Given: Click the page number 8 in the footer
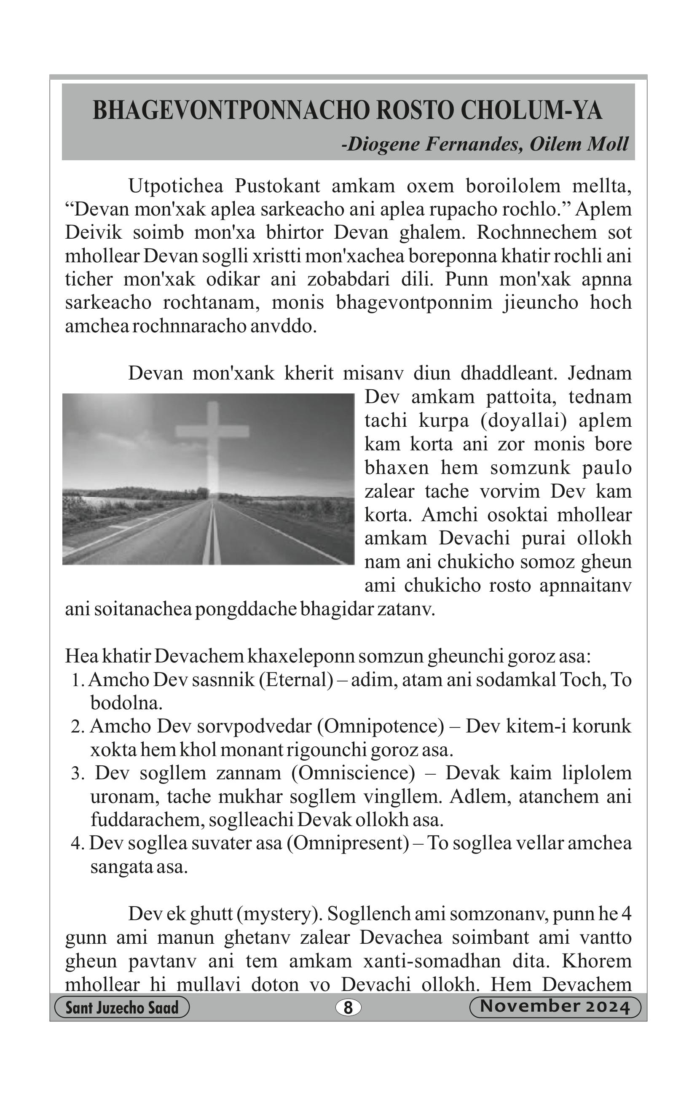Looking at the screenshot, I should pos(348,1008).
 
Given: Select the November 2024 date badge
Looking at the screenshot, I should pos(555,1007).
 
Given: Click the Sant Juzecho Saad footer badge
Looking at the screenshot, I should pos(121,1008).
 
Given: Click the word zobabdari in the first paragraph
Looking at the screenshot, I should pos(348,279).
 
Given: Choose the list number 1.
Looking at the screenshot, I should pos(76,681).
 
